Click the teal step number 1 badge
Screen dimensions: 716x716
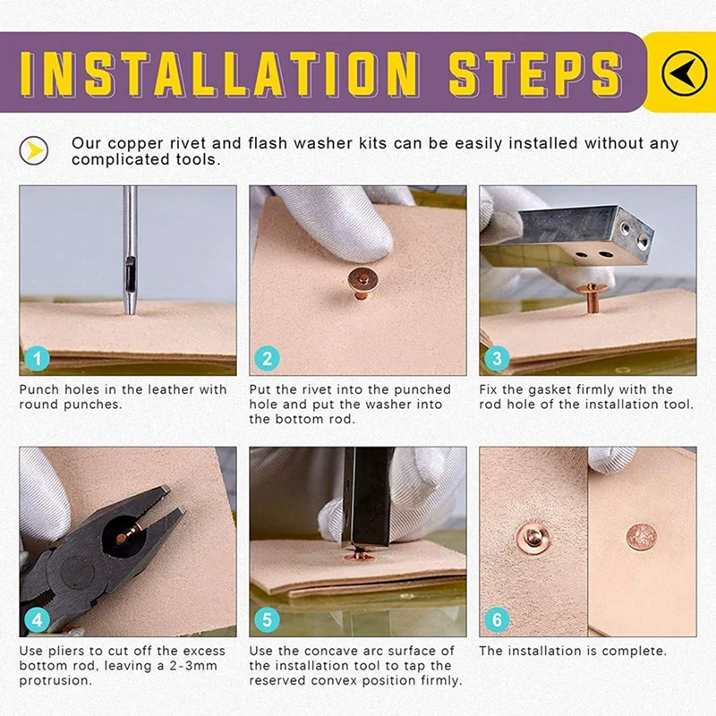tap(38, 358)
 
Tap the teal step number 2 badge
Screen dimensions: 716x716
tap(267, 358)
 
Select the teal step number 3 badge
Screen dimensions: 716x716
tap(498, 358)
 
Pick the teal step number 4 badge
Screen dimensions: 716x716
tap(38, 619)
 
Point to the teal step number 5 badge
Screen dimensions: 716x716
tap(267, 619)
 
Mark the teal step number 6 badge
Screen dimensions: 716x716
tap(498, 619)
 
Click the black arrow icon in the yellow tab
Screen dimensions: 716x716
tap(684, 72)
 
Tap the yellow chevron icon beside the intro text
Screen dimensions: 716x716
tap(34, 150)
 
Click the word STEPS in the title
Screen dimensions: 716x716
tap(535, 74)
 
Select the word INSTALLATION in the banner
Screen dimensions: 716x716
tap(219, 74)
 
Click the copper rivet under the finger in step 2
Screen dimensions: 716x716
tap(362, 282)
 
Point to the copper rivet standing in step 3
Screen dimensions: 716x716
tap(592, 298)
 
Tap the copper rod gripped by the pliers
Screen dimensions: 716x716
tap(128, 533)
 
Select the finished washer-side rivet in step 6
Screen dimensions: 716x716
tap(533, 538)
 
